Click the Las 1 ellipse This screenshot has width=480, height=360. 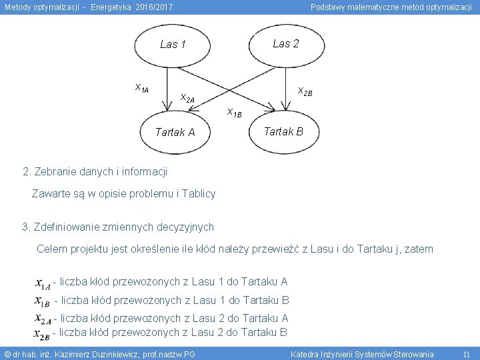pos(173,45)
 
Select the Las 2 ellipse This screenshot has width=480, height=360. pos(285,44)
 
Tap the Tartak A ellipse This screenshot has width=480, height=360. pos(175,132)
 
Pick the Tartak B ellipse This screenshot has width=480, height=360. pos(283,131)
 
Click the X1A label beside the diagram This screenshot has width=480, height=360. pos(141,88)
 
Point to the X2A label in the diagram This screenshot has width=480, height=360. pos(187,99)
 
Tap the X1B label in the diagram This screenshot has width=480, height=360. pos(234,112)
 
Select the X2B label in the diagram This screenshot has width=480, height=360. pos(305,91)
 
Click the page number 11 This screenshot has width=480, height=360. pos(466,354)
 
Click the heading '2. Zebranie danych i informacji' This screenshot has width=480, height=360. pos(95,172)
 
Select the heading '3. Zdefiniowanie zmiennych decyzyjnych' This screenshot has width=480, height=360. pos(118,227)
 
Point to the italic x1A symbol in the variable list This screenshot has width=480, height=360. pos(43,283)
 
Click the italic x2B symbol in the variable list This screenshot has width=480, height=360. pos(42,333)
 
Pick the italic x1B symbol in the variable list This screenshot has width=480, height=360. pos(43,301)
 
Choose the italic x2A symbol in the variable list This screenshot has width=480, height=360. pos(43,319)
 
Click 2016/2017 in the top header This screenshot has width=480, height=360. pos(154,7)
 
